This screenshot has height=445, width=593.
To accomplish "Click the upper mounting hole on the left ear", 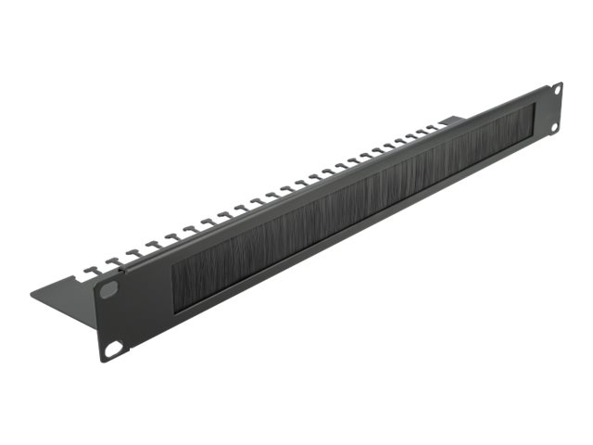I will coord(108,290).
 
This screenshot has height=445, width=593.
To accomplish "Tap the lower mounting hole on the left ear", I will coord(113,349).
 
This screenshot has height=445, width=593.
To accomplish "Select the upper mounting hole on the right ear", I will coord(557,90).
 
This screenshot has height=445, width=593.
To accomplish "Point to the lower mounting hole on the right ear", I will coord(554,126).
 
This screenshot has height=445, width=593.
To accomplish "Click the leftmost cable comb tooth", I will coord(90,271).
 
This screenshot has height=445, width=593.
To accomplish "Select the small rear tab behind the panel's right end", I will coord(452,121).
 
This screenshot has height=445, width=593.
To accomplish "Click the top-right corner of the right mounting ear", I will coord(561,83).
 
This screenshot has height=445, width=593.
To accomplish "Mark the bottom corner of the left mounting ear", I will coord(105,361).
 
